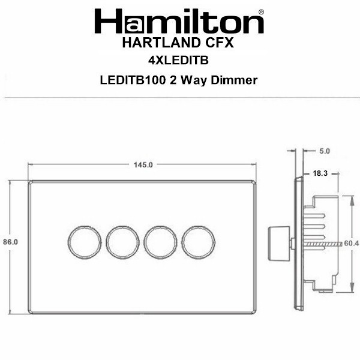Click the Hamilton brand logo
(x=179, y=21)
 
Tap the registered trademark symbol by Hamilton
(x=261, y=12)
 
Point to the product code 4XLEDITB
(x=178, y=61)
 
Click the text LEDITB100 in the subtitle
(x=133, y=80)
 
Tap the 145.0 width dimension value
(x=143, y=165)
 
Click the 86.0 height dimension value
(x=11, y=242)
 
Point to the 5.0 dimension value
(x=325, y=151)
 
